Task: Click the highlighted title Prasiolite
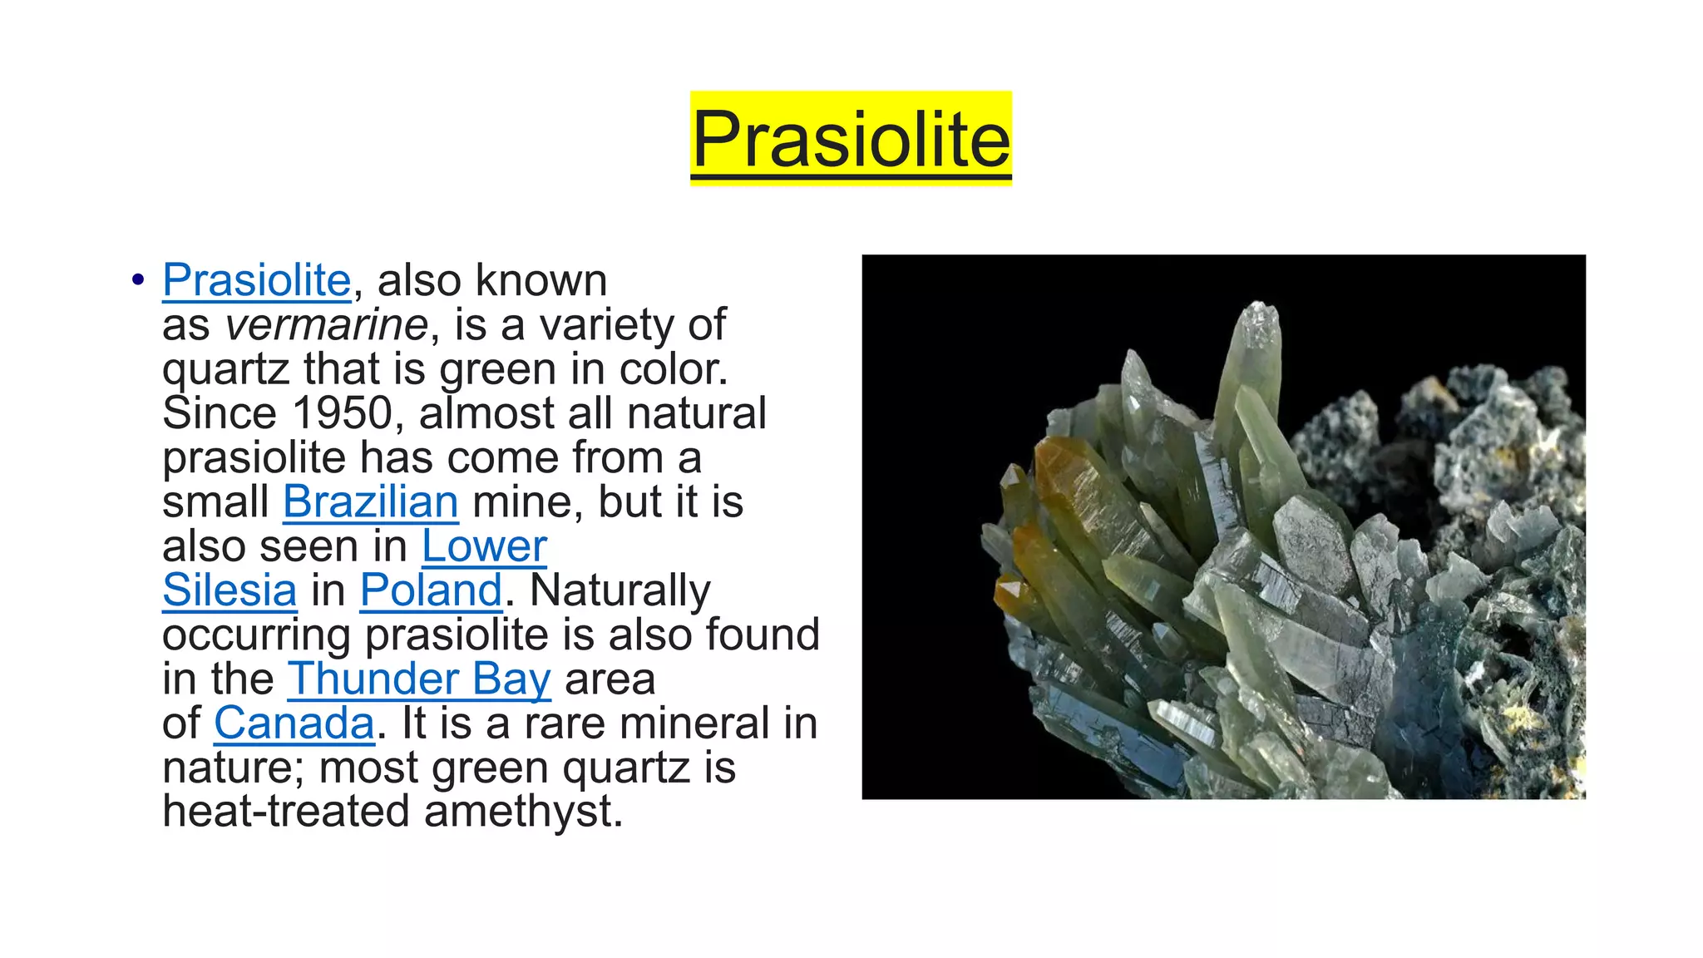point(851,138)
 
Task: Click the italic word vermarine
point(326,324)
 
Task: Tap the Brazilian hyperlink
point(370,502)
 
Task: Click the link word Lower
point(484,546)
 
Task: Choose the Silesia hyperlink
point(230,590)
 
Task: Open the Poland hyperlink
point(431,590)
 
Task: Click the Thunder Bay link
point(418,679)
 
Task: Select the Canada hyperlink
point(294,723)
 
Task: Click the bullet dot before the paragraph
point(138,280)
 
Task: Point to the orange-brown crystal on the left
point(1073,482)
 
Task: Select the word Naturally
point(619,590)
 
